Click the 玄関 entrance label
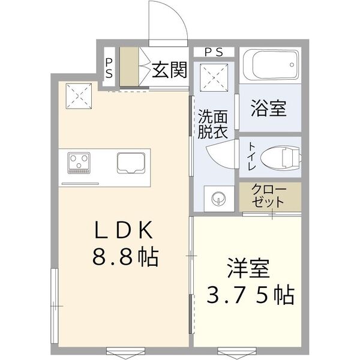[169, 70]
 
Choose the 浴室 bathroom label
[268, 109]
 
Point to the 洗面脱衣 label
[212, 125]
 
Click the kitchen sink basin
[131, 163]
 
